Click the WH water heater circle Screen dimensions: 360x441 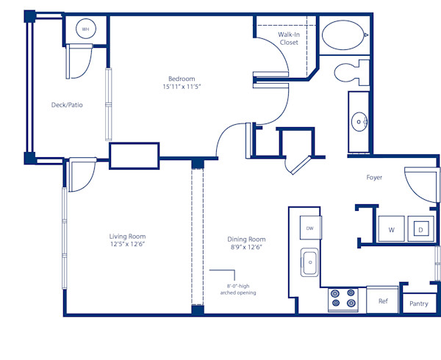pyautogui.click(x=85, y=29)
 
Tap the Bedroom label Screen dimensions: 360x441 pyautogui.click(x=180, y=78)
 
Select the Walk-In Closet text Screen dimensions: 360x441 pyautogui.click(x=288, y=38)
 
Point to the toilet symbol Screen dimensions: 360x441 pyautogui.click(x=350, y=72)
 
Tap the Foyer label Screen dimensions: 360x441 pyautogui.click(x=375, y=178)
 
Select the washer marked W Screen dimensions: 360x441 pyautogui.click(x=391, y=230)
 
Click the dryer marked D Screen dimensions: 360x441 pyautogui.click(x=420, y=230)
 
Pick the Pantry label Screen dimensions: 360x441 pyautogui.click(x=418, y=303)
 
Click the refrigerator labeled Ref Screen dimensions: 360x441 pyautogui.click(x=383, y=300)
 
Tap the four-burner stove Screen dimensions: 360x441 pyautogui.click(x=343, y=297)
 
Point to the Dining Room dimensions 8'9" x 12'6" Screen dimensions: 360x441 pyautogui.click(x=246, y=248)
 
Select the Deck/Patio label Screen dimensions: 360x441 pyautogui.click(x=67, y=105)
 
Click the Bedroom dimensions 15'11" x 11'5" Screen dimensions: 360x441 pyautogui.click(x=180, y=87)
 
